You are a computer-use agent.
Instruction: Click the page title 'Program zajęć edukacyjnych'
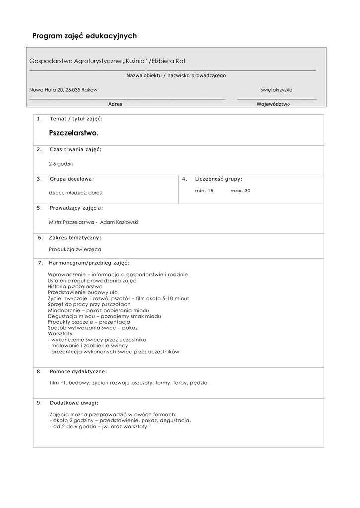pos(84,36)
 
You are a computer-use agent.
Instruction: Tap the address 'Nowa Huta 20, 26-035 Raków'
pos(64,90)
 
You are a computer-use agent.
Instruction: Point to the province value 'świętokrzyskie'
pos(277,90)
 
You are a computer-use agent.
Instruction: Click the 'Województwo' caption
pos(273,104)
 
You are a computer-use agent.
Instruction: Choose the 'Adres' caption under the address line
pos(115,104)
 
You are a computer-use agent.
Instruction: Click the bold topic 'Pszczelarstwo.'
pos(74,133)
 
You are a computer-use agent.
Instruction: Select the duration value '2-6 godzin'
pos(61,163)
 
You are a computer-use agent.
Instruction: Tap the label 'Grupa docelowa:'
pos(72,179)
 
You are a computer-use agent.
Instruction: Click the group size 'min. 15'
pos(204,190)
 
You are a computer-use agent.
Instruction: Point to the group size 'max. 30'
pos(240,190)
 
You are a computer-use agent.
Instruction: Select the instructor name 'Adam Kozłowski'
pos(119,222)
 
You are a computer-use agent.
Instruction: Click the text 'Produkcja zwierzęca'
pos(75,249)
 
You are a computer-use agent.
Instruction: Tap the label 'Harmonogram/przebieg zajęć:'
pos(89,263)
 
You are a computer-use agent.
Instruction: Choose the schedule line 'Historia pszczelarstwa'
pos(75,286)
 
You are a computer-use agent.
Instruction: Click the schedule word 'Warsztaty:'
pos(61,334)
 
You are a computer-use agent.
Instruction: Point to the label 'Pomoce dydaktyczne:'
pos(78,371)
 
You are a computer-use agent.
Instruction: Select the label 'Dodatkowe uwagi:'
pos(74,403)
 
